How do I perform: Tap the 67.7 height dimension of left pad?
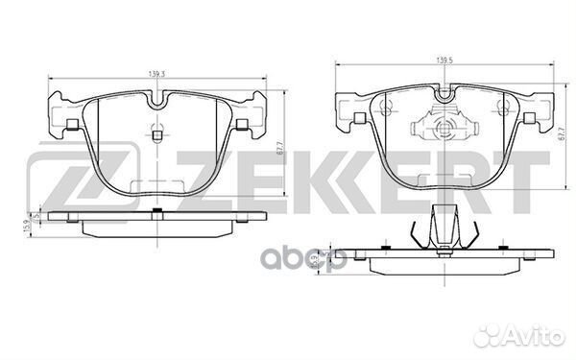(277, 144)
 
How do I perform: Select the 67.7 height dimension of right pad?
(560, 135)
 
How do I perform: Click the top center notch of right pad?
(444, 93)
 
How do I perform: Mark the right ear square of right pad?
(529, 118)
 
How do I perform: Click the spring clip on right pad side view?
(444, 230)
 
